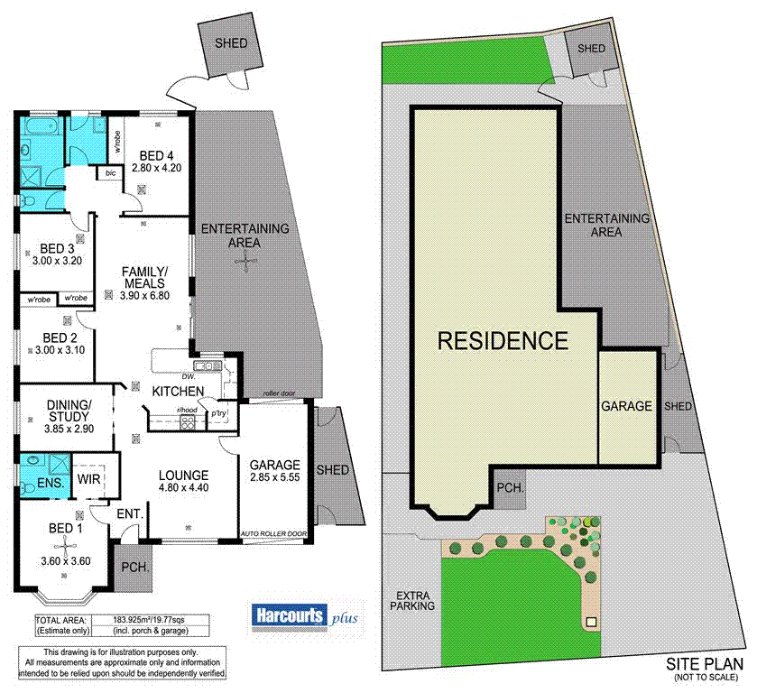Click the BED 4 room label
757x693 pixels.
(x=157, y=152)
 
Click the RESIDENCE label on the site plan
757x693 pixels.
(x=503, y=341)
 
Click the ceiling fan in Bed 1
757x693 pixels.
(x=68, y=548)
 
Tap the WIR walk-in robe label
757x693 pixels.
(x=88, y=478)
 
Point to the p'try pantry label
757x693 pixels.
(x=219, y=415)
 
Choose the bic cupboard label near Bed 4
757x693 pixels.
(x=110, y=171)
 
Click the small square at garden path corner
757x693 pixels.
(x=592, y=622)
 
